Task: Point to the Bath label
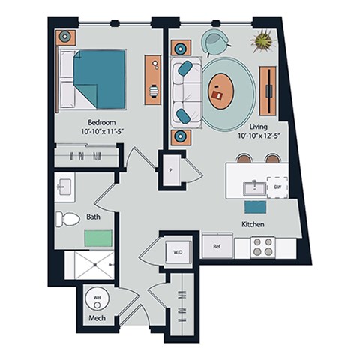94,217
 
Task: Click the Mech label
98,317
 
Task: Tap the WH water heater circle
97,298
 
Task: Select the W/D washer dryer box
178,252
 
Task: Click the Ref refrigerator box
217,245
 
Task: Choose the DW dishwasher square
277,187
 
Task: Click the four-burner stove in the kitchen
262,247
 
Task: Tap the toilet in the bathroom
68,219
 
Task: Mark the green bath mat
97,238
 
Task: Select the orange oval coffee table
220,92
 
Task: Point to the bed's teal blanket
99,79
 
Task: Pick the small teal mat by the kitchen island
255,207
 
